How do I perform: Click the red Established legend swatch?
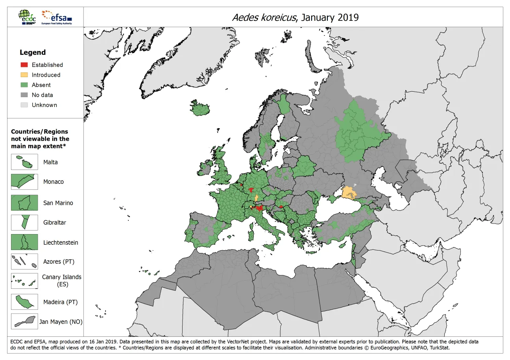click(24, 65)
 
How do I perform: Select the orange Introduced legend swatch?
click(24, 75)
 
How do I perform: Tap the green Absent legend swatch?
click(24, 85)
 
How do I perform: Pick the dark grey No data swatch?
click(24, 95)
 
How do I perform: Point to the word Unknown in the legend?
click(44, 105)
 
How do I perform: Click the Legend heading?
click(33, 52)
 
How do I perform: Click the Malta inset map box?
click(24, 162)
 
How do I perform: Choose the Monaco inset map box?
click(24, 182)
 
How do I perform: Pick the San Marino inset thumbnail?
click(24, 203)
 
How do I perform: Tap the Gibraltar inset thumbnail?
click(24, 222)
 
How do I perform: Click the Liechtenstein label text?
click(61, 243)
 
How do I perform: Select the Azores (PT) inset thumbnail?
click(24, 262)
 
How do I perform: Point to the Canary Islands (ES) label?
click(61, 280)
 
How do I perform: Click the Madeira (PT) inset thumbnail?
click(24, 302)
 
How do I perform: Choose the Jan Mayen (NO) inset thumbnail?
click(24, 321)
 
